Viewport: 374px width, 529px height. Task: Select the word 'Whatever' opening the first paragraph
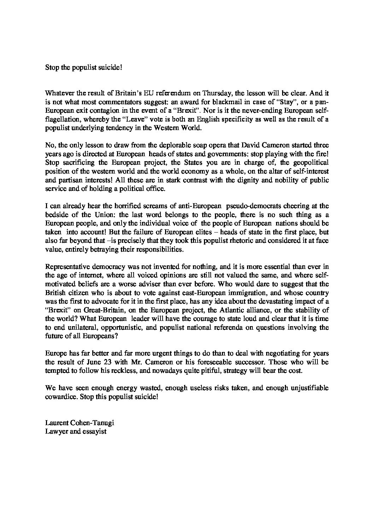[58, 93]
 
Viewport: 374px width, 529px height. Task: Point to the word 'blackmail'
[204, 102]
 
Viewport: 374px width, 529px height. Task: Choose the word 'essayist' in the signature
[95, 431]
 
